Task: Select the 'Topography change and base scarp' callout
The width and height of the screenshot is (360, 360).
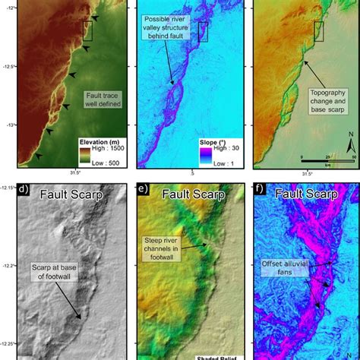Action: (331, 104)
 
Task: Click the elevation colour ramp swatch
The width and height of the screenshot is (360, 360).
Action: (87, 155)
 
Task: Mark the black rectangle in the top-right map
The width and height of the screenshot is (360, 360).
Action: (319, 31)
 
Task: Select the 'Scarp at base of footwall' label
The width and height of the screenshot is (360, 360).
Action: (54, 272)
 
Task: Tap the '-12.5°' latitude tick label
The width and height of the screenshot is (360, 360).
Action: (8, 66)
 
